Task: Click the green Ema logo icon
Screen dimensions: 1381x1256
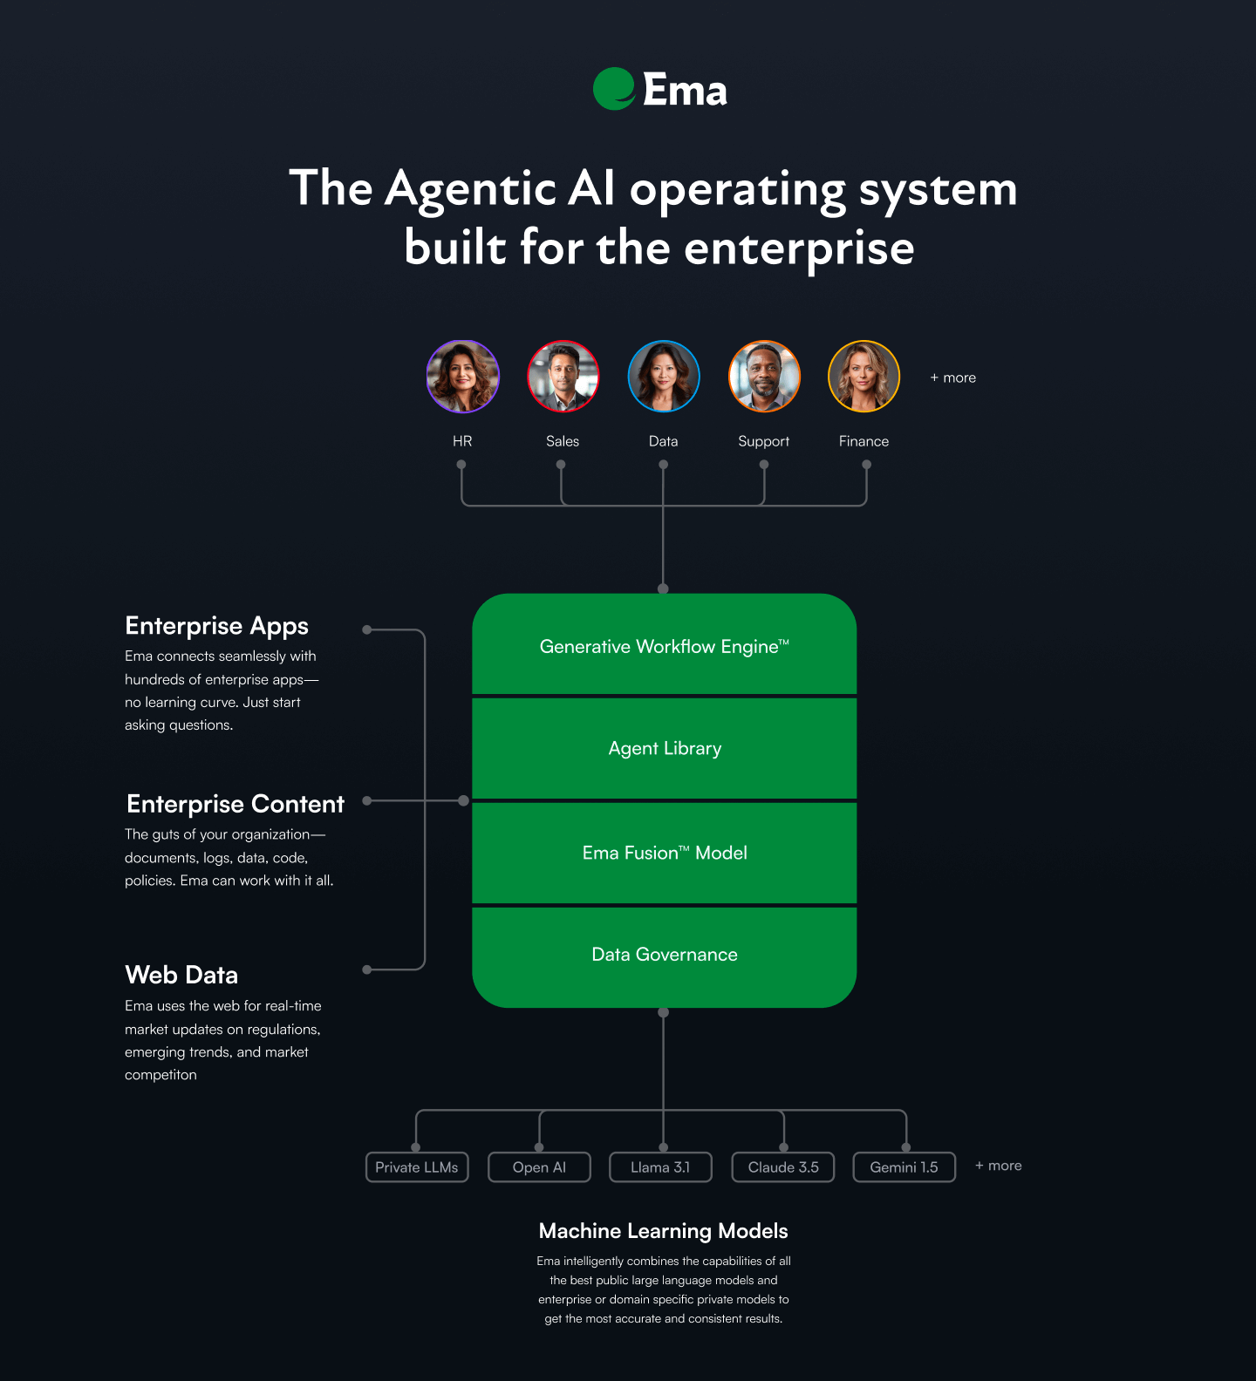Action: (x=614, y=89)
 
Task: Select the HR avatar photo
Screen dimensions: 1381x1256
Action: (x=463, y=376)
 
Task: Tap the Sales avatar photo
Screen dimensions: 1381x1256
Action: (x=563, y=376)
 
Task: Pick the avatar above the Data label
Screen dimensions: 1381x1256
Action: (x=664, y=376)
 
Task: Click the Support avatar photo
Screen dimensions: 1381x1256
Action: (x=764, y=376)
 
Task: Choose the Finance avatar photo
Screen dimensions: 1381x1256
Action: (x=863, y=376)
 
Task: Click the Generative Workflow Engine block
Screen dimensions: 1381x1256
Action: (x=664, y=645)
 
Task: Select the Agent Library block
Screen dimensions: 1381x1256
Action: (x=664, y=748)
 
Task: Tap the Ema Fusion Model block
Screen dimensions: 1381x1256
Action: (x=664, y=853)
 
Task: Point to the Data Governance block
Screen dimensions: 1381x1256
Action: (x=664, y=956)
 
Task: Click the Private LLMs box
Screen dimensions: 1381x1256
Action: (x=417, y=1167)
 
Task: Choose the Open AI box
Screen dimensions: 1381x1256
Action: (x=539, y=1167)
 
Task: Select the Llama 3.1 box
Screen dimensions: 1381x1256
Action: (x=660, y=1167)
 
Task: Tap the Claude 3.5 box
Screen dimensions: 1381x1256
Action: (x=783, y=1167)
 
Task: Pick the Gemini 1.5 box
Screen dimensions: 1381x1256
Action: (x=904, y=1167)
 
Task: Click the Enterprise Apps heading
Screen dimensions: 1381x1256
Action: (x=216, y=626)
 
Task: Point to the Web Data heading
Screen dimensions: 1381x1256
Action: (x=181, y=975)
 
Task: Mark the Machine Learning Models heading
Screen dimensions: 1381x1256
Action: (x=663, y=1231)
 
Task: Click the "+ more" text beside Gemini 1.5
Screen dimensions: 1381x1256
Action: (x=999, y=1166)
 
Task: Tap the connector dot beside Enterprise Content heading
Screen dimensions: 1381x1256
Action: (x=367, y=800)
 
